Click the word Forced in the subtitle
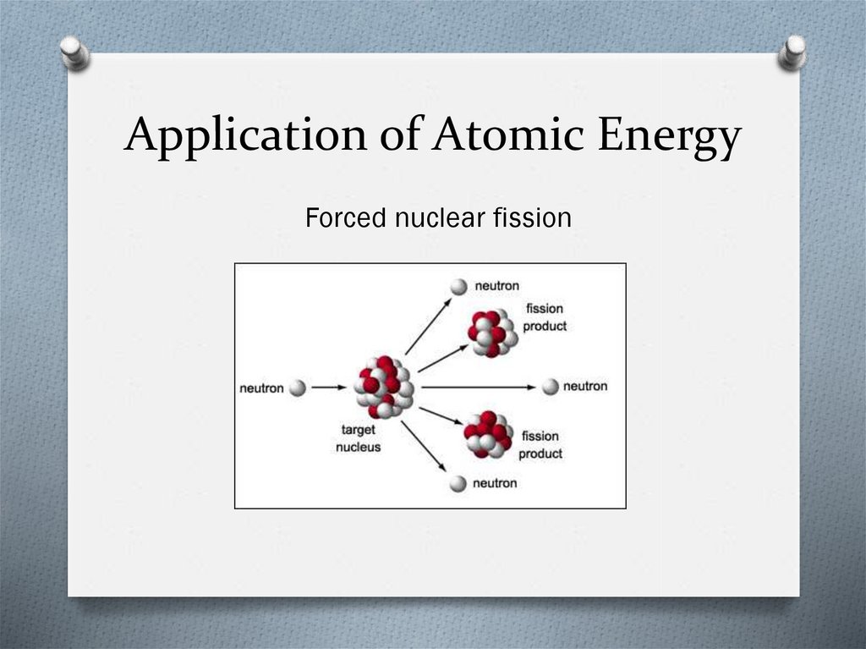[x=345, y=218]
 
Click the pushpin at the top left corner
[x=75, y=52]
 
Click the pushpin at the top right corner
[x=792, y=52]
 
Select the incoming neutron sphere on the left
[x=297, y=388]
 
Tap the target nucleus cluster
[x=384, y=388]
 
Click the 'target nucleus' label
[x=358, y=438]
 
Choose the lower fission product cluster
[x=488, y=435]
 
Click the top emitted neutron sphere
[x=458, y=287]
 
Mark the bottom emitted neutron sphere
[x=458, y=483]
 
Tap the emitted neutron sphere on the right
[x=551, y=387]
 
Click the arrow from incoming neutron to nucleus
[x=329, y=388]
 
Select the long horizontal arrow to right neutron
[x=478, y=387]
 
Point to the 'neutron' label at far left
[x=261, y=388]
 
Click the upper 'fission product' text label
[x=545, y=317]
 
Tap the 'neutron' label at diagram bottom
[x=495, y=483]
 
